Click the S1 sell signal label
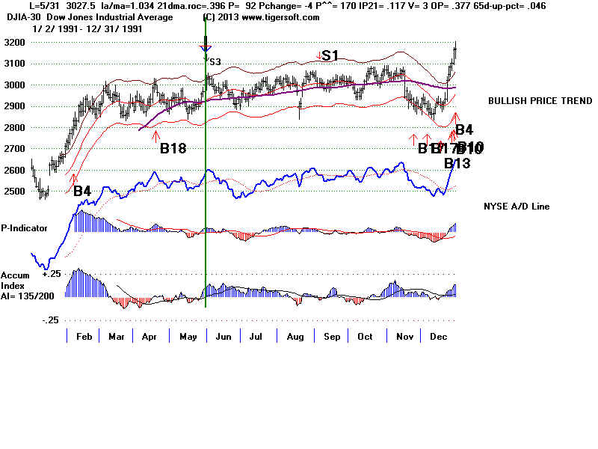pyautogui.click(x=330, y=55)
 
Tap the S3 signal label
pyautogui.click(x=215, y=62)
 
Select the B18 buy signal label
pyautogui.click(x=173, y=148)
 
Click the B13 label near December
pyautogui.click(x=457, y=163)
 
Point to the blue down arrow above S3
pyautogui.click(x=206, y=50)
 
